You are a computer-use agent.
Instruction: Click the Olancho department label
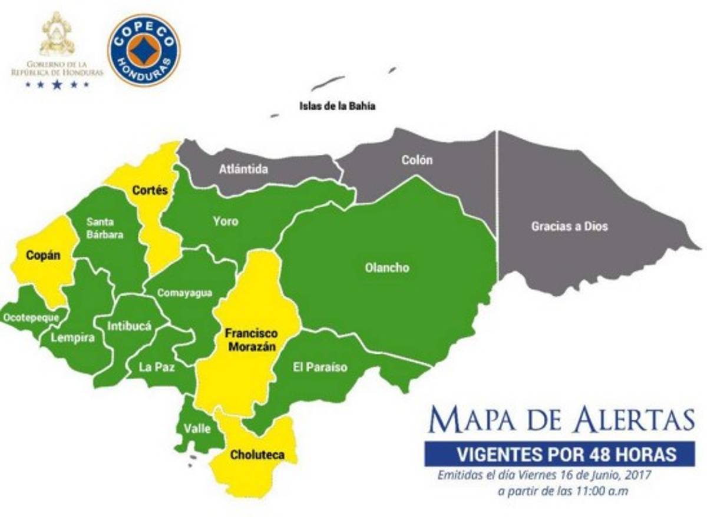coord(386,268)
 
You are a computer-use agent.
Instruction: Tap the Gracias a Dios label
coord(569,226)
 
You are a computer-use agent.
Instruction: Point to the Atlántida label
coord(243,170)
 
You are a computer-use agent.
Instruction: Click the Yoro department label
coord(226,221)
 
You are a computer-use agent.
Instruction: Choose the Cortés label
coord(150,190)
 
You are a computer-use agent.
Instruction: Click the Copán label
coord(41,256)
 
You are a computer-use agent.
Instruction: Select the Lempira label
coord(72,338)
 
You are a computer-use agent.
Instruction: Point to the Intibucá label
coord(130,325)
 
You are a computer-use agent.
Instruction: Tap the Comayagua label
coord(184,294)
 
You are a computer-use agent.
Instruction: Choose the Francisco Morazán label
coord(250,340)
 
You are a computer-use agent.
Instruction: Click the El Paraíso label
coord(320,368)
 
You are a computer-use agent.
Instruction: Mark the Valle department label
coord(197,429)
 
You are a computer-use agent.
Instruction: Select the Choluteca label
coord(257,455)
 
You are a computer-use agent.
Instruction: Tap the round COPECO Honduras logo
coord(144,51)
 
